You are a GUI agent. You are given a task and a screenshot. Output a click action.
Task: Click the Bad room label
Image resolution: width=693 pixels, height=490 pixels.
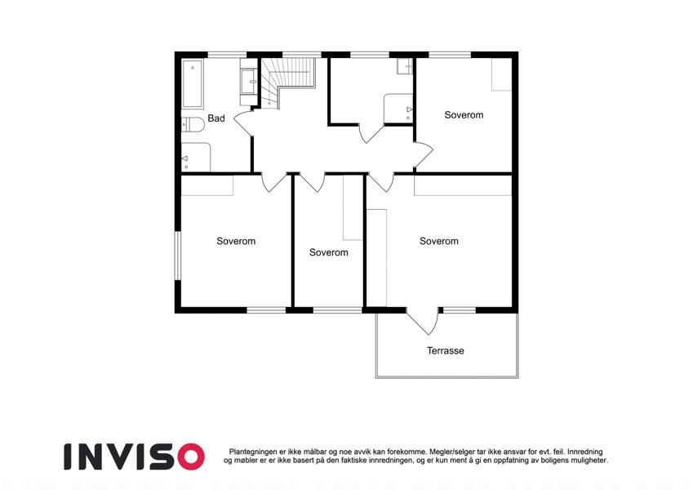216,118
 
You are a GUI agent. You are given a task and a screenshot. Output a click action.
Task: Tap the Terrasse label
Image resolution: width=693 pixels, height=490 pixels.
446,350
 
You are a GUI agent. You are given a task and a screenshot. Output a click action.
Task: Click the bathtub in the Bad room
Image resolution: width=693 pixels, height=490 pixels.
193,84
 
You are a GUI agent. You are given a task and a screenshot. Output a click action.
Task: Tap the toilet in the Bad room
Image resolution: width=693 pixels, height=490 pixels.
192,125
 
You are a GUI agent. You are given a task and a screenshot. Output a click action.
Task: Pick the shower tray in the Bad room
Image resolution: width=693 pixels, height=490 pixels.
196,157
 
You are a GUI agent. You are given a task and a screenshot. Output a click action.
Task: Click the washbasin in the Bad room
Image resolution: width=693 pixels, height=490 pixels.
249,82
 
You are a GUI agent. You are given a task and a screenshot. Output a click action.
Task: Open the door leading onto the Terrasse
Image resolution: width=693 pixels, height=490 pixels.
424,321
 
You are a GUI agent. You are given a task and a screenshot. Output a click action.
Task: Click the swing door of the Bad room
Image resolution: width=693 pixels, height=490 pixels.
244,123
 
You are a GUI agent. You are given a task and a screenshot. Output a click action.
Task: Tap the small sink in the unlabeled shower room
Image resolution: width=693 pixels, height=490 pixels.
404,66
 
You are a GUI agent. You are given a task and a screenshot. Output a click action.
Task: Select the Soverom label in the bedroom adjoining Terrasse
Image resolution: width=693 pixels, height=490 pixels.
439,241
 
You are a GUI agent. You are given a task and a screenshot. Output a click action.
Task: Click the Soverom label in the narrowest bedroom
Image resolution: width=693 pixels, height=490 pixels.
328,252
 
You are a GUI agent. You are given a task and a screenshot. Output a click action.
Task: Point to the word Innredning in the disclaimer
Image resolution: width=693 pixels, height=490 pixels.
584,452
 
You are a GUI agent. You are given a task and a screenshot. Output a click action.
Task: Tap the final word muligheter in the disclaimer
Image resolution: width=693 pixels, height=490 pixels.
588,461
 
